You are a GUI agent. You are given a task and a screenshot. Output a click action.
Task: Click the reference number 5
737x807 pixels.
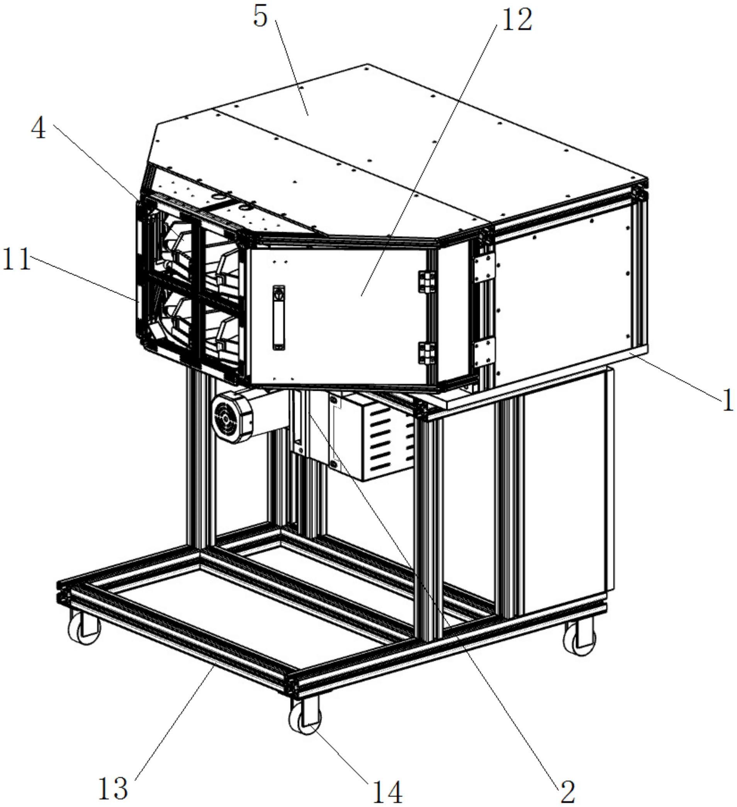point(260,18)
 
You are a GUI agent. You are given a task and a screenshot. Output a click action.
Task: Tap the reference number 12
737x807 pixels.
point(517,20)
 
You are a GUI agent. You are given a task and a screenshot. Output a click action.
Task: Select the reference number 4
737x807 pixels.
point(39,130)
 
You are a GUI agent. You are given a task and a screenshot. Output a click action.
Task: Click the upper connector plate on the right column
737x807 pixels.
point(484,269)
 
